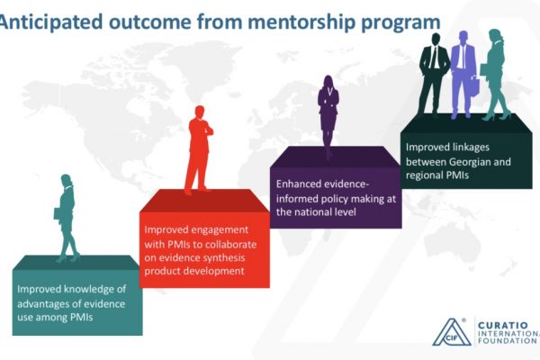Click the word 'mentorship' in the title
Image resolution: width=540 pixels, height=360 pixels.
[x=301, y=22]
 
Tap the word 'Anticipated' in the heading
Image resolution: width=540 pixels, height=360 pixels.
[x=51, y=22]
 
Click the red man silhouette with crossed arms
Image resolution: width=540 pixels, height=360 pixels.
[x=199, y=150]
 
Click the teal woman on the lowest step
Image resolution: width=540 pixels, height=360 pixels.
[x=67, y=218]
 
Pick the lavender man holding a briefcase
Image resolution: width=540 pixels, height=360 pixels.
[x=464, y=75]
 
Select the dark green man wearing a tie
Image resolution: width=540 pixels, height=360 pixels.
[x=433, y=75]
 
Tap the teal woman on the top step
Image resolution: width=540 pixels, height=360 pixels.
[x=496, y=75]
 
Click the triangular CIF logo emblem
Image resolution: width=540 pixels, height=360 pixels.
[x=452, y=332]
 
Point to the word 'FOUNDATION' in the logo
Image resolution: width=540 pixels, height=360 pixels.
[x=508, y=341]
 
